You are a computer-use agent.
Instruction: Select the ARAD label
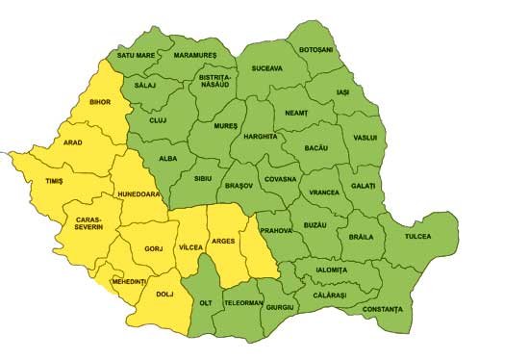click(72, 143)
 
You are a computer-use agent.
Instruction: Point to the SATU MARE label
click(136, 56)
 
